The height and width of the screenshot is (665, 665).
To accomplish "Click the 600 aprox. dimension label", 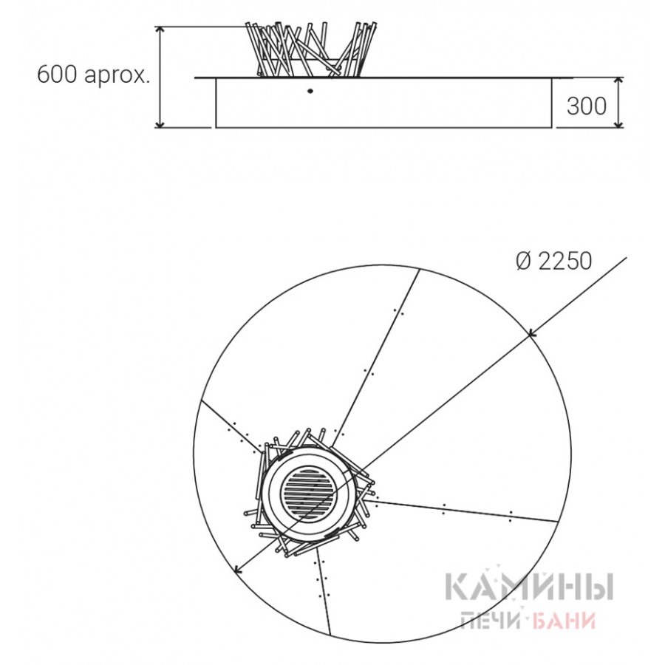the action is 94,75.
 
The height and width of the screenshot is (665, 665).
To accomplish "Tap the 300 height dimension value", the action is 587,106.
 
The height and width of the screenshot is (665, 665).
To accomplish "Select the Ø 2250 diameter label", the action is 554,261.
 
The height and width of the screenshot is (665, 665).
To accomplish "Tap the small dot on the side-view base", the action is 310,91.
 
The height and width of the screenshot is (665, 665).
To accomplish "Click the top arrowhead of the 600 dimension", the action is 160,29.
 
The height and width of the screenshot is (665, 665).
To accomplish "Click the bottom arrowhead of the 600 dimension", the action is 160,125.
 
